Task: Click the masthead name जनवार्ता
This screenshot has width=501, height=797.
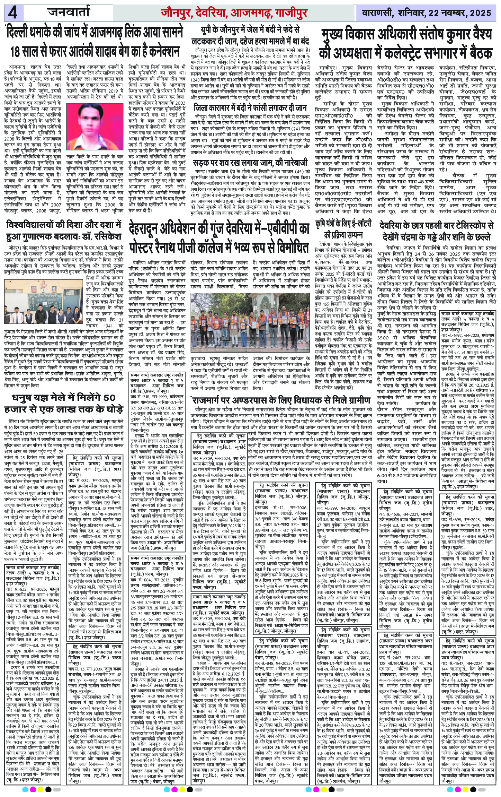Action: click(69, 12)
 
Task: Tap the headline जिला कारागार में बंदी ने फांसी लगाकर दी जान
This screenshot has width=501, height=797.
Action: click(250, 107)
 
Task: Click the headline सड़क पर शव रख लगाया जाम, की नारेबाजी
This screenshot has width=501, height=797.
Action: click(250, 162)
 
